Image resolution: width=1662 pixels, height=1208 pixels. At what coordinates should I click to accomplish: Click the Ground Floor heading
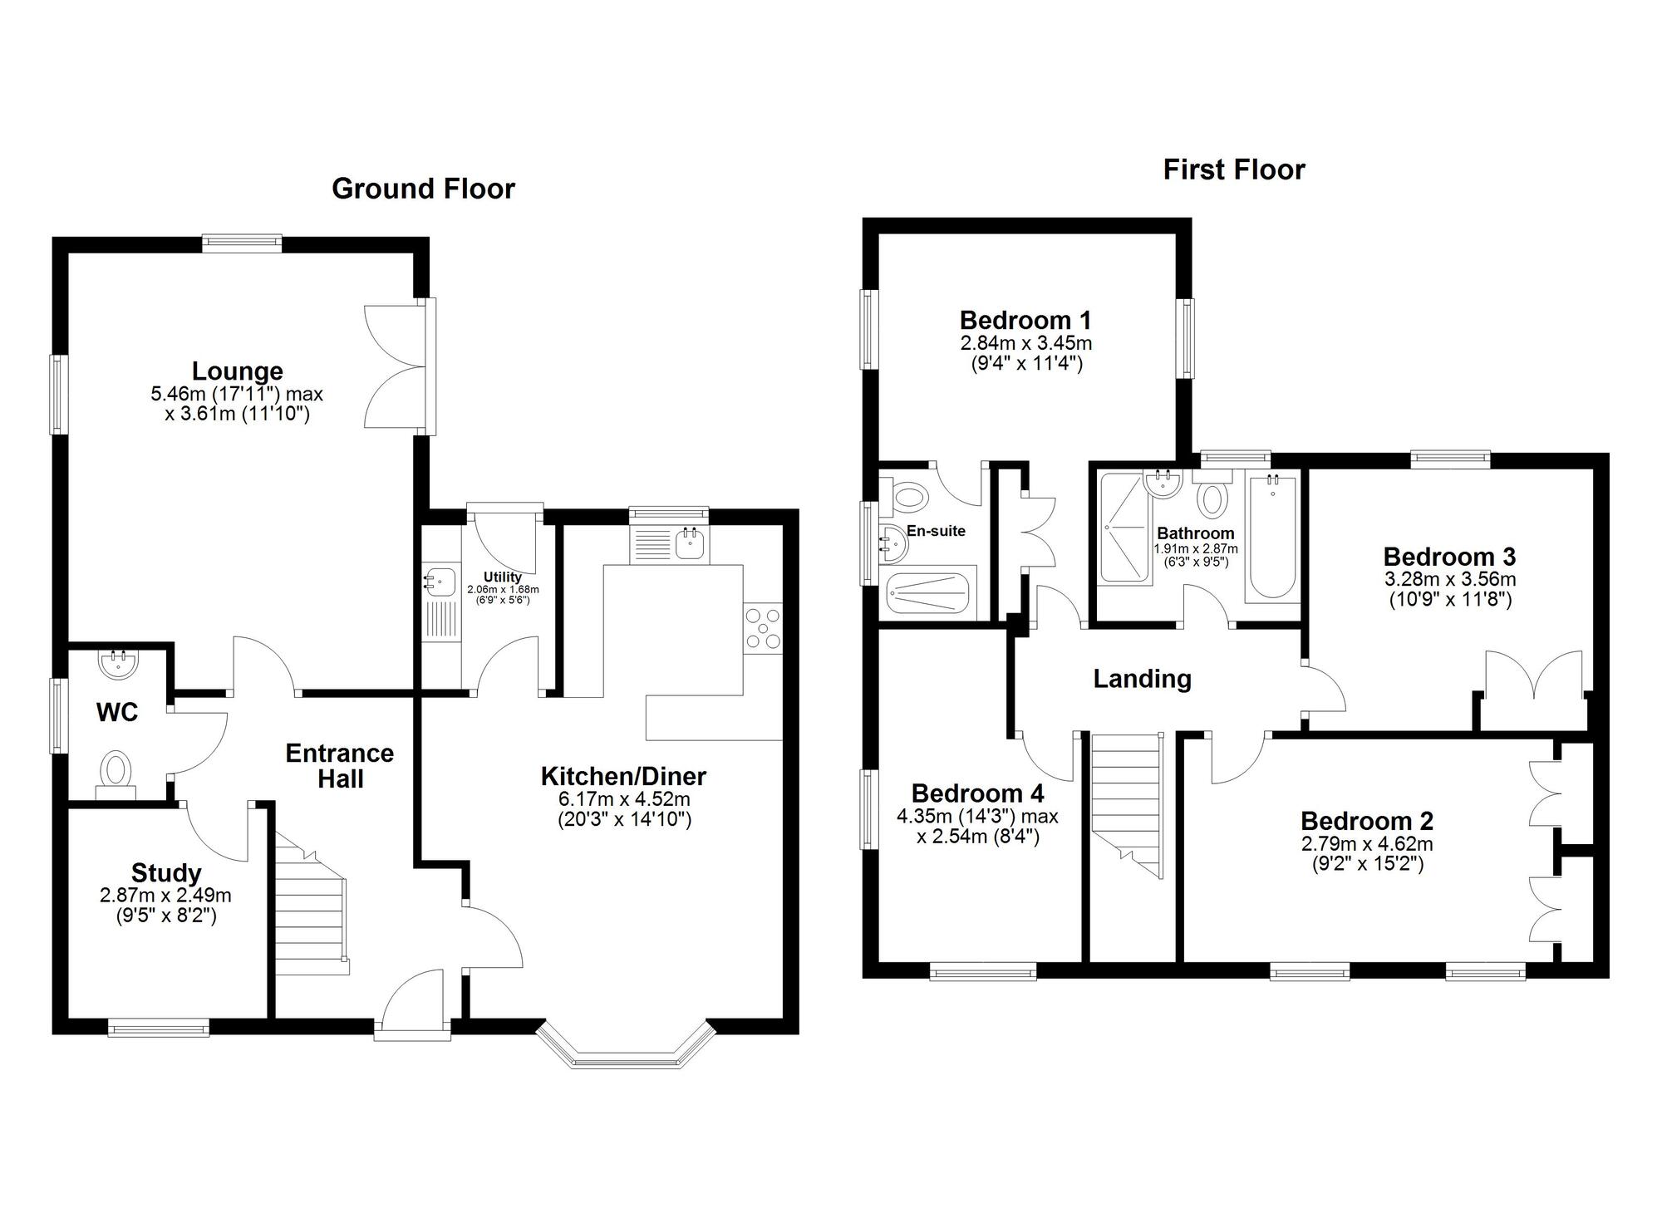pos(423,189)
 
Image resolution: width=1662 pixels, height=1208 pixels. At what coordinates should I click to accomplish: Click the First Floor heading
pos(1233,169)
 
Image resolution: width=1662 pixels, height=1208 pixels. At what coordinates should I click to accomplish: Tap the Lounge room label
pos(237,371)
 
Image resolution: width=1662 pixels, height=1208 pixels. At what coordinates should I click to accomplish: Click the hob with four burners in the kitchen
pos(763,628)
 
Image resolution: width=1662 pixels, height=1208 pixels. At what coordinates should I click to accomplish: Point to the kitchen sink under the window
pos(690,544)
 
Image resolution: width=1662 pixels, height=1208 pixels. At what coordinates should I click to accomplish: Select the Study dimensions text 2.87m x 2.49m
pos(165,896)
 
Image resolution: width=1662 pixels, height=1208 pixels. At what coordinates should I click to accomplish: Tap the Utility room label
pos(503,577)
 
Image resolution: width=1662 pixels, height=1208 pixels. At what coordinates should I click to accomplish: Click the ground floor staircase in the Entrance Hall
pos(311,914)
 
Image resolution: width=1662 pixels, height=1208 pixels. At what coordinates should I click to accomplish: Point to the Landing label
pos(1142,679)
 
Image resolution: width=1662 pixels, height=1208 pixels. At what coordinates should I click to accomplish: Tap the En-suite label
pos(936,531)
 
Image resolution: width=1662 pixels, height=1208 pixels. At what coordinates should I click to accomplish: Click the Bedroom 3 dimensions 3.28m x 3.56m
pos(1449,579)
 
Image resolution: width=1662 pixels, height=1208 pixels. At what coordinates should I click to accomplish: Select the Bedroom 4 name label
pos(977,793)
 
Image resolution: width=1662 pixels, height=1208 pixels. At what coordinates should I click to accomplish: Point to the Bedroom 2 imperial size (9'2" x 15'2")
pos(1366,864)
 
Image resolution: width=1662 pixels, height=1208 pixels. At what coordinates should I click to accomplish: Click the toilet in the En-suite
pos(909,498)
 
